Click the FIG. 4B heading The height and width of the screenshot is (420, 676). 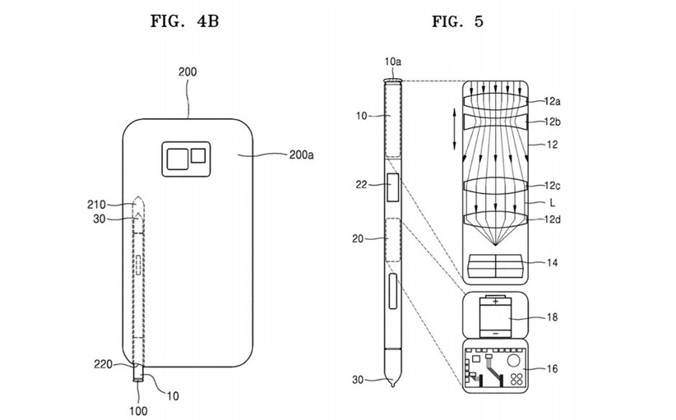pyautogui.click(x=184, y=21)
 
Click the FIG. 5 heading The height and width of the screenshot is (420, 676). pyautogui.click(x=457, y=21)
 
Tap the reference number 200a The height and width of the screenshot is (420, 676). pyautogui.click(x=301, y=155)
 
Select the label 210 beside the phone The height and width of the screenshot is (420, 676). pyautogui.click(x=96, y=205)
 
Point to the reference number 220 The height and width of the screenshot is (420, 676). pyautogui.click(x=103, y=364)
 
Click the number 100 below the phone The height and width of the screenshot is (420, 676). pyautogui.click(x=138, y=411)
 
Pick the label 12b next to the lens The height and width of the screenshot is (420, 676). pyautogui.click(x=553, y=122)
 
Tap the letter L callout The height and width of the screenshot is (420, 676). pyautogui.click(x=553, y=202)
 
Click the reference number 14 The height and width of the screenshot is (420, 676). pyautogui.click(x=552, y=262)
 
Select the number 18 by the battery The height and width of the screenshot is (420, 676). pyautogui.click(x=552, y=317)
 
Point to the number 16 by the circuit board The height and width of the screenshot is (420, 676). pyautogui.click(x=552, y=369)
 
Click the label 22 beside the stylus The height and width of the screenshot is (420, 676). pyautogui.click(x=361, y=185)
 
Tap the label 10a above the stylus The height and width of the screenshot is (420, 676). pyautogui.click(x=393, y=62)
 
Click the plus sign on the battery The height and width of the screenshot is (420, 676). pyautogui.click(x=496, y=301)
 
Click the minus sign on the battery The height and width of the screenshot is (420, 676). pyautogui.click(x=496, y=333)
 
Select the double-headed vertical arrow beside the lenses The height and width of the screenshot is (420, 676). pyautogui.click(x=455, y=129)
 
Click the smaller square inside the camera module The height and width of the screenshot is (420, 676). pyautogui.click(x=198, y=155)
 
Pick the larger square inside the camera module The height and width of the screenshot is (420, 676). pyautogui.click(x=178, y=159)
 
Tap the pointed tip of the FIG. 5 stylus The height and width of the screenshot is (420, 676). pyautogui.click(x=393, y=385)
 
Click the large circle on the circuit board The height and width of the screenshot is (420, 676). pyautogui.click(x=513, y=360)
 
